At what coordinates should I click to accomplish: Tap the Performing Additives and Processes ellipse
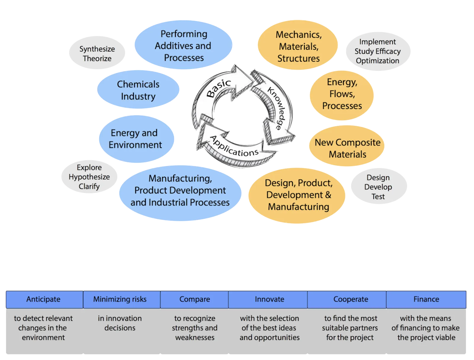pos(183,46)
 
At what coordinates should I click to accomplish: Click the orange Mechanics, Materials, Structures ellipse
pos(298,46)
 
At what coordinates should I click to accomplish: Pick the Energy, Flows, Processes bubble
pos(342,94)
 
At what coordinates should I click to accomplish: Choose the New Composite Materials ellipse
pos(347,148)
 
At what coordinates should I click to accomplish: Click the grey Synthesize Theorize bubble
pos(97,54)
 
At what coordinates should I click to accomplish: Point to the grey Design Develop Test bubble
pos(378,187)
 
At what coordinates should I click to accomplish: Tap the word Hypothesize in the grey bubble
pos(89,177)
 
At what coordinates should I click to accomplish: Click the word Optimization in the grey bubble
pos(377,61)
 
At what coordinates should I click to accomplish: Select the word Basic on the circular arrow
pos(219,88)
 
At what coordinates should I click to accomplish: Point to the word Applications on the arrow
pos(234,147)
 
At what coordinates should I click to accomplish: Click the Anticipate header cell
pos(44,299)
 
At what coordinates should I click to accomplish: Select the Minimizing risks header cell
pos(120,299)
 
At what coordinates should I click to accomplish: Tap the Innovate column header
pos(269,299)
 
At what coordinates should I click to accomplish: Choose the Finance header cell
pos(426,299)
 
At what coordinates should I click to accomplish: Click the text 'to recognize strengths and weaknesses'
pos(195,328)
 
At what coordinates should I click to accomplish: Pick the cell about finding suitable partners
pos(350,328)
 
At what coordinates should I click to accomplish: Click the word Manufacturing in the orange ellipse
pos(298,207)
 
